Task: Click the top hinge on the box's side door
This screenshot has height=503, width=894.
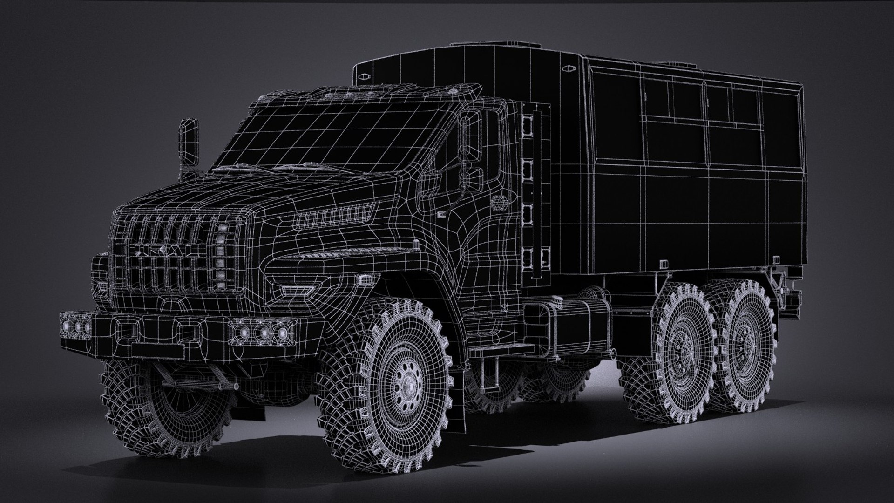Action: pyautogui.click(x=528, y=124)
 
